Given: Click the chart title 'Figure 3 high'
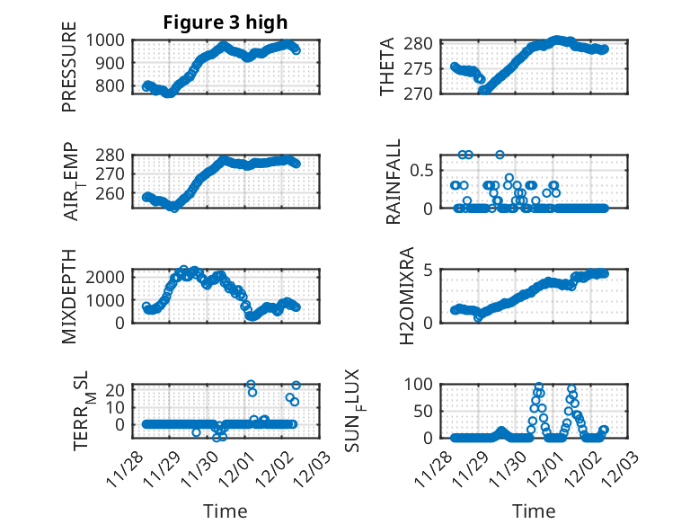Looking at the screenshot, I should pos(225,22).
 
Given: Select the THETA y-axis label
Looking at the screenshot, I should pos(388,67).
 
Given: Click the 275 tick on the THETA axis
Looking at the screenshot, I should pos(422,68).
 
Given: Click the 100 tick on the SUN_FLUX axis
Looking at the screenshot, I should pos(422,385).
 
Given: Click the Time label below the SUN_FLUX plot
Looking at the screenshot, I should pos(534,511).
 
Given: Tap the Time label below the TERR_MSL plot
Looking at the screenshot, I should pos(226,511).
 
